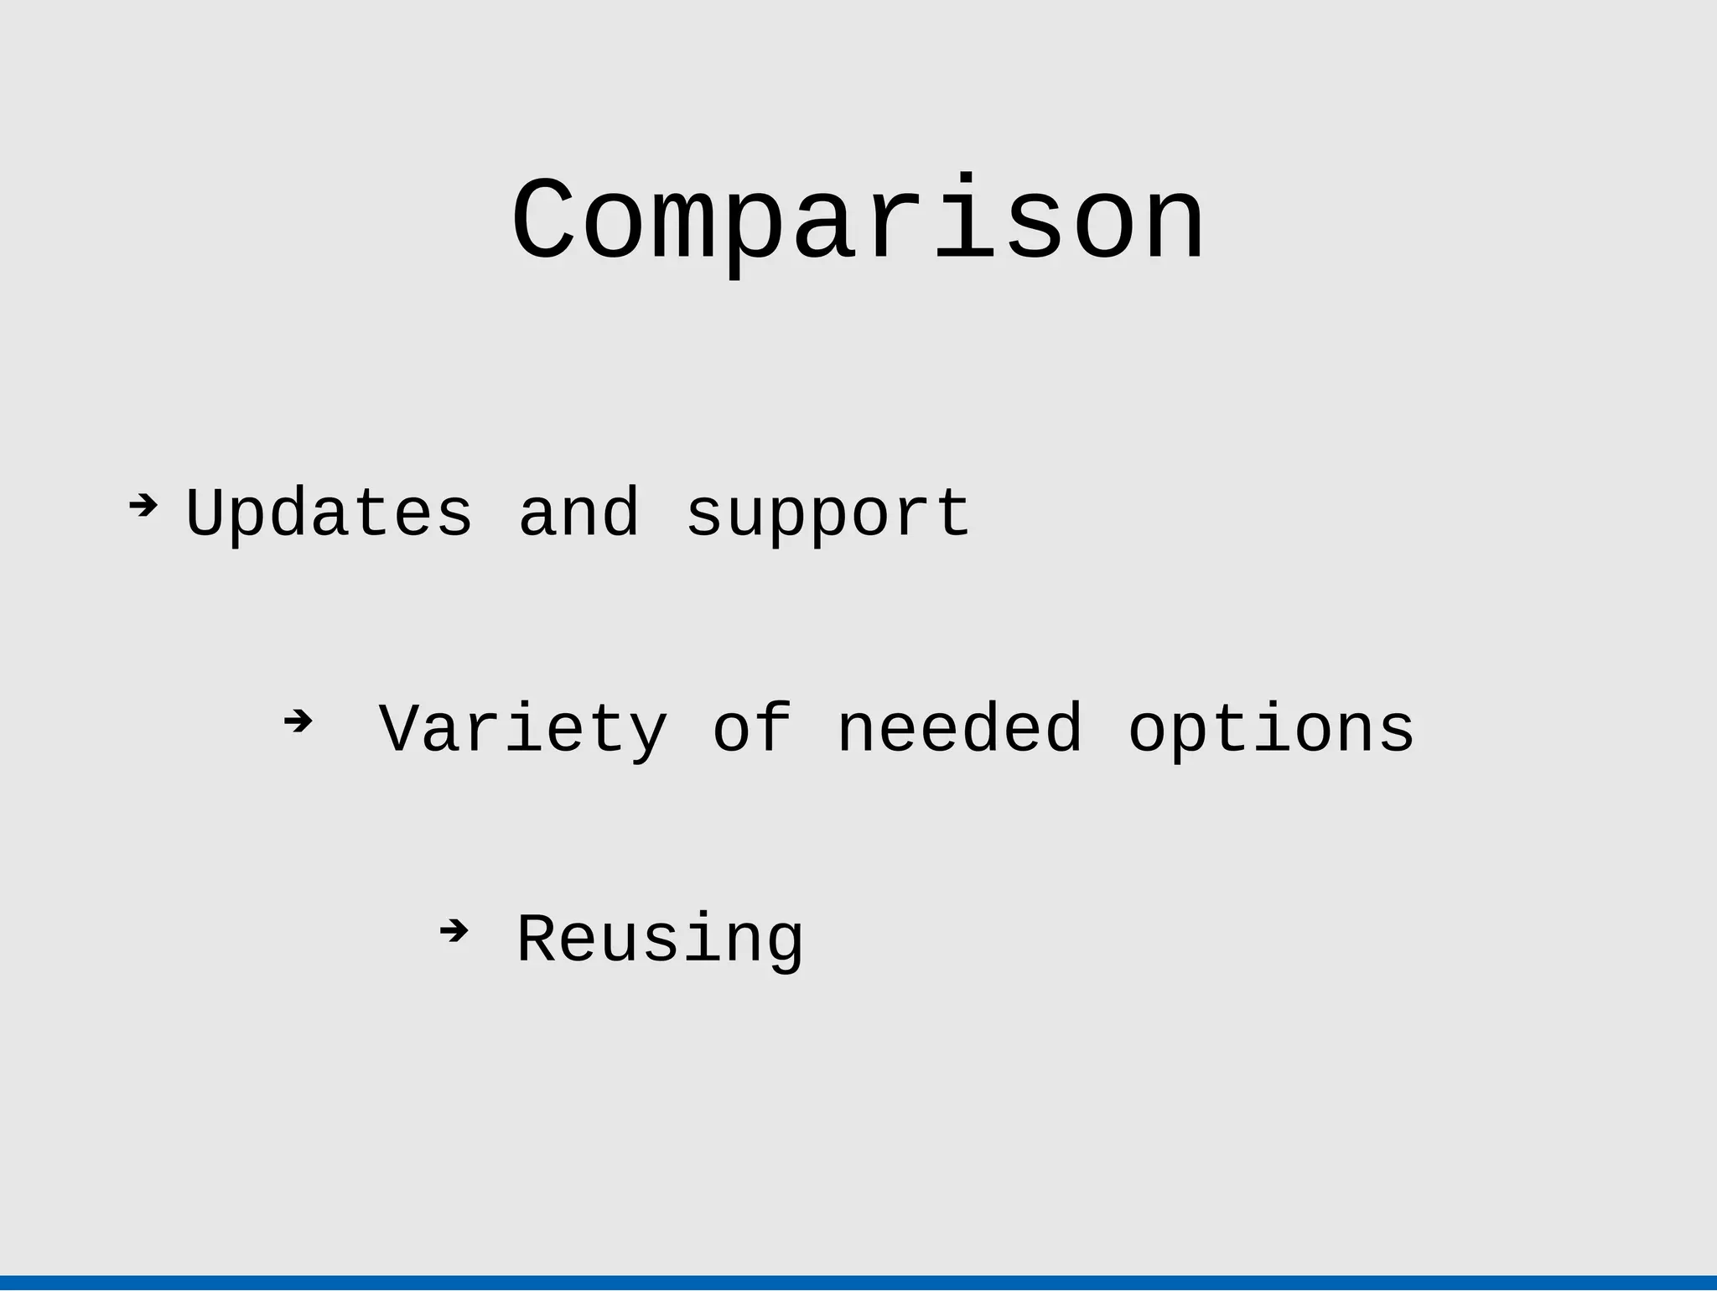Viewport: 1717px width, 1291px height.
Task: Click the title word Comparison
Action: pos(858,222)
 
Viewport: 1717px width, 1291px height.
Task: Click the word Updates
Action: pos(329,513)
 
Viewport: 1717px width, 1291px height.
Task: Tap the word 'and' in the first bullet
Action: pos(578,513)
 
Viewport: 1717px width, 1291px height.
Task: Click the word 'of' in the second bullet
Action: pos(752,728)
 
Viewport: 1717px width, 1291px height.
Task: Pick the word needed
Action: pos(959,728)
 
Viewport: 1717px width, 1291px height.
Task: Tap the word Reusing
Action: pos(660,940)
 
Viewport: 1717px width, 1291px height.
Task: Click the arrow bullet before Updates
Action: pos(143,505)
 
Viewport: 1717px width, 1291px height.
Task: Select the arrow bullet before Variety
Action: pos(298,720)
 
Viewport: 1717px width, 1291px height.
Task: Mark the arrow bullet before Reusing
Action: pos(454,930)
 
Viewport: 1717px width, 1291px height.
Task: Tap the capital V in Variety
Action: pos(399,728)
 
